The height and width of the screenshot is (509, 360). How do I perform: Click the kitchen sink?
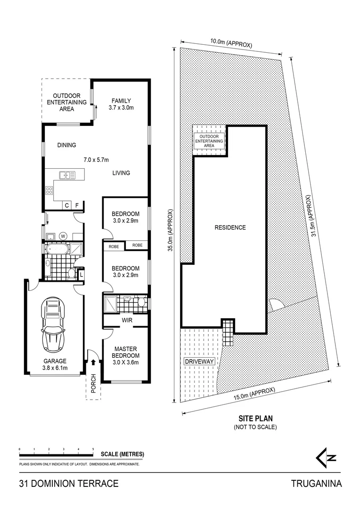[x=67, y=175]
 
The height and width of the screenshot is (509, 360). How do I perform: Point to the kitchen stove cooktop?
[x=49, y=190]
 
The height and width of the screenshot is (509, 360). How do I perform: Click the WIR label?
[x=126, y=320]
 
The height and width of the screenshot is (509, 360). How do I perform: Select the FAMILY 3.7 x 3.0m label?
[x=121, y=104]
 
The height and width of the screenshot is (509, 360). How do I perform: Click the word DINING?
[x=66, y=145]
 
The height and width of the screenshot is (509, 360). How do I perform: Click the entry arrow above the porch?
[x=93, y=362]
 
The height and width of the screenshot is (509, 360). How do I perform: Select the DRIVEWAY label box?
[x=200, y=361]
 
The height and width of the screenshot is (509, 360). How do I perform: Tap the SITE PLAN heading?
[x=255, y=418]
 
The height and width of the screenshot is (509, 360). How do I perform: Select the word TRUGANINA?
[x=316, y=484]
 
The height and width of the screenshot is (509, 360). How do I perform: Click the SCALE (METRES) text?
[x=123, y=454]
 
